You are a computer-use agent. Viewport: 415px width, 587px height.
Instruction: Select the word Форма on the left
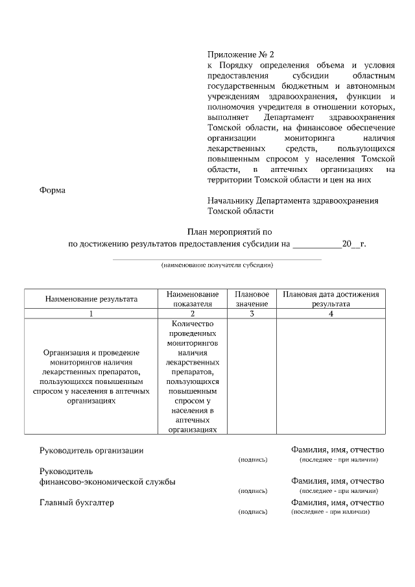click(53, 190)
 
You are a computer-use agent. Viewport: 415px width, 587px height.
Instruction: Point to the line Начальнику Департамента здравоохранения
click(292, 200)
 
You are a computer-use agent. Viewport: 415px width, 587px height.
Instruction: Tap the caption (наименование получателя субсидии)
click(217, 265)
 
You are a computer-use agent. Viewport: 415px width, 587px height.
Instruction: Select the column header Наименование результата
click(91, 299)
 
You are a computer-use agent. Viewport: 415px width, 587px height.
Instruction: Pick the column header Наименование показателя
click(193, 299)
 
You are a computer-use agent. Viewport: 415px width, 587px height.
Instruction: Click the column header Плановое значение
click(252, 299)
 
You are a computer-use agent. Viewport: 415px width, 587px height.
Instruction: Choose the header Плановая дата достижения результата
click(331, 299)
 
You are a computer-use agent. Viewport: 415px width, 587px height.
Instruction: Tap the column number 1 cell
click(91, 313)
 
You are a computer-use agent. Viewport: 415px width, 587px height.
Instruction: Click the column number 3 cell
click(252, 313)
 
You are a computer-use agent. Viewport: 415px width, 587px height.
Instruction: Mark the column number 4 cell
click(331, 313)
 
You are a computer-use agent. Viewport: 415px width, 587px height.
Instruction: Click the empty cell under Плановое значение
click(252, 377)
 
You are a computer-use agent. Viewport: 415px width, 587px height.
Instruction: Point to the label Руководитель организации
click(91, 450)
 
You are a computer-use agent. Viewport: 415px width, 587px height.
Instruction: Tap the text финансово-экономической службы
click(107, 482)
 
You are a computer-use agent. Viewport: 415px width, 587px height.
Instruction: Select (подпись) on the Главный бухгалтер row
click(253, 512)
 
